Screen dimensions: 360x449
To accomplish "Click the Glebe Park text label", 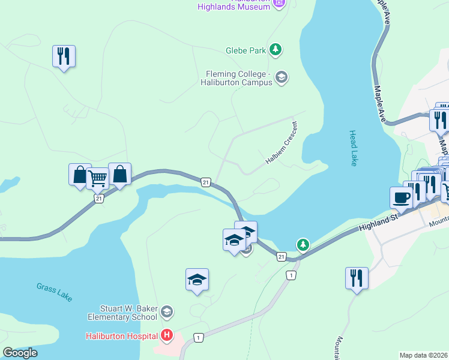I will point(246,51).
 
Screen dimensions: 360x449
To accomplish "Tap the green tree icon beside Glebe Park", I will point(276,49).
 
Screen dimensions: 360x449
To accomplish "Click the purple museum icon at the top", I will point(278,4).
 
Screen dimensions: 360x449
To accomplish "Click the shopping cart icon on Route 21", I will point(97,178).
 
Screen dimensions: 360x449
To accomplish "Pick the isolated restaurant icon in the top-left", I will point(63,56).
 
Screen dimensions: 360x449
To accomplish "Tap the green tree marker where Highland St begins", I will point(304,244).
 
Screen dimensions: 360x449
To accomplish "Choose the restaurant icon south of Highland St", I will point(357,278).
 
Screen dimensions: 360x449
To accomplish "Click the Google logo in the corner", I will point(20,353).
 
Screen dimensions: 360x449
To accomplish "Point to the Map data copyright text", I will point(424,355).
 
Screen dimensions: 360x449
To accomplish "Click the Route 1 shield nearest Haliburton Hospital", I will point(199,338).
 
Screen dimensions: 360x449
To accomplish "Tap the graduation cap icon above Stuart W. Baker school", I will point(197,280).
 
